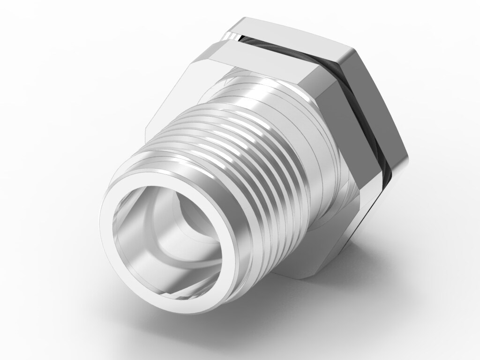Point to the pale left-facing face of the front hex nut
click(x=173, y=98)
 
